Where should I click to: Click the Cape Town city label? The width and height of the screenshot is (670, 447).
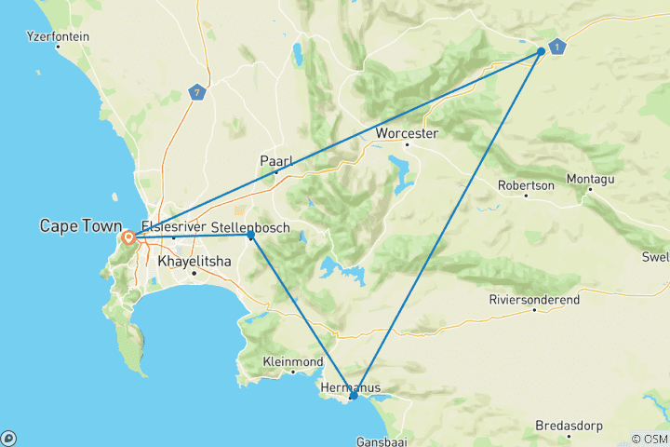pyautogui.click(x=79, y=225)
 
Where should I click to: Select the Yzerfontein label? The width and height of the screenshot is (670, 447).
pyautogui.click(x=59, y=37)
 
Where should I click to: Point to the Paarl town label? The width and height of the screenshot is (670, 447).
pyautogui.click(x=275, y=161)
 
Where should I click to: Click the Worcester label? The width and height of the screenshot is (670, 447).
pyautogui.click(x=406, y=134)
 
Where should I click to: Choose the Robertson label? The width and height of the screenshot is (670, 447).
pyautogui.click(x=526, y=185)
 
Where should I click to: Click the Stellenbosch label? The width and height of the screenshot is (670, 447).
pyautogui.click(x=250, y=227)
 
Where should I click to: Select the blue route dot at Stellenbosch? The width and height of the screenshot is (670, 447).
pyautogui.click(x=250, y=236)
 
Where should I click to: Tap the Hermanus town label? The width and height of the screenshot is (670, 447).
pyautogui.click(x=349, y=386)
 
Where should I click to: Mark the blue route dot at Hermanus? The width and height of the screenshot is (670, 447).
pyautogui.click(x=354, y=397)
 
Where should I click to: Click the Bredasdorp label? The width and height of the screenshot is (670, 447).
pyautogui.click(x=569, y=426)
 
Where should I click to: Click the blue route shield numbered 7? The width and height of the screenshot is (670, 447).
pyautogui.click(x=195, y=92)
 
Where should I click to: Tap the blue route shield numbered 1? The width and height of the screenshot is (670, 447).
pyautogui.click(x=556, y=47)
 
